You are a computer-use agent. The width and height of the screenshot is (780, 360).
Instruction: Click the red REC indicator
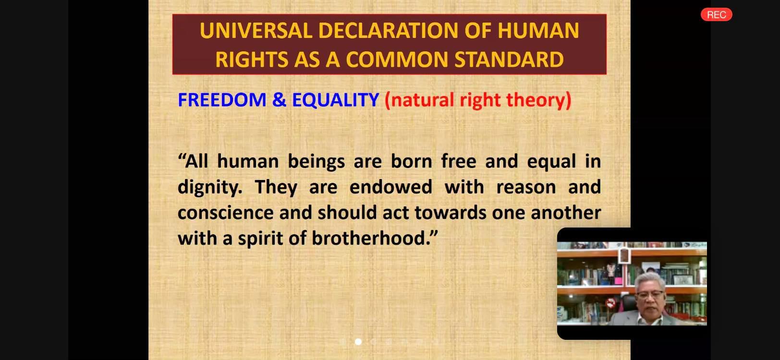(x=716, y=14)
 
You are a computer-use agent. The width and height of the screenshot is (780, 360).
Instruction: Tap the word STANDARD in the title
(x=509, y=60)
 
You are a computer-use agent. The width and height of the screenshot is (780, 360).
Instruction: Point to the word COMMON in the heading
(x=397, y=60)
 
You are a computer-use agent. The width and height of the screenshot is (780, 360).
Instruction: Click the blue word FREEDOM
(x=222, y=100)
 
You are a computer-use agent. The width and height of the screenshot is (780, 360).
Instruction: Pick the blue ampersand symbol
(x=279, y=100)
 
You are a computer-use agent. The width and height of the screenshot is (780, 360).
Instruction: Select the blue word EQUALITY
(x=335, y=100)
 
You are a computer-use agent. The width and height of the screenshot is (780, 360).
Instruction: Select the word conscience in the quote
(x=226, y=213)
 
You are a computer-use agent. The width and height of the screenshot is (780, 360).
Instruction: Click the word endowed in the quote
(x=390, y=187)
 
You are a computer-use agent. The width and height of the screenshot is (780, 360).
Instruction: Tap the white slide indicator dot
(x=358, y=342)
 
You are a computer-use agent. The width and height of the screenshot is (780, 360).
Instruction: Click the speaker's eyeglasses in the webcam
(x=650, y=295)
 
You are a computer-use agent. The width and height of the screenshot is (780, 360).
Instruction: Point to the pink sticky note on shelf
(x=618, y=281)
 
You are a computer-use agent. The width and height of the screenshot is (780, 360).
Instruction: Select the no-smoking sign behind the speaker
(x=610, y=303)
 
